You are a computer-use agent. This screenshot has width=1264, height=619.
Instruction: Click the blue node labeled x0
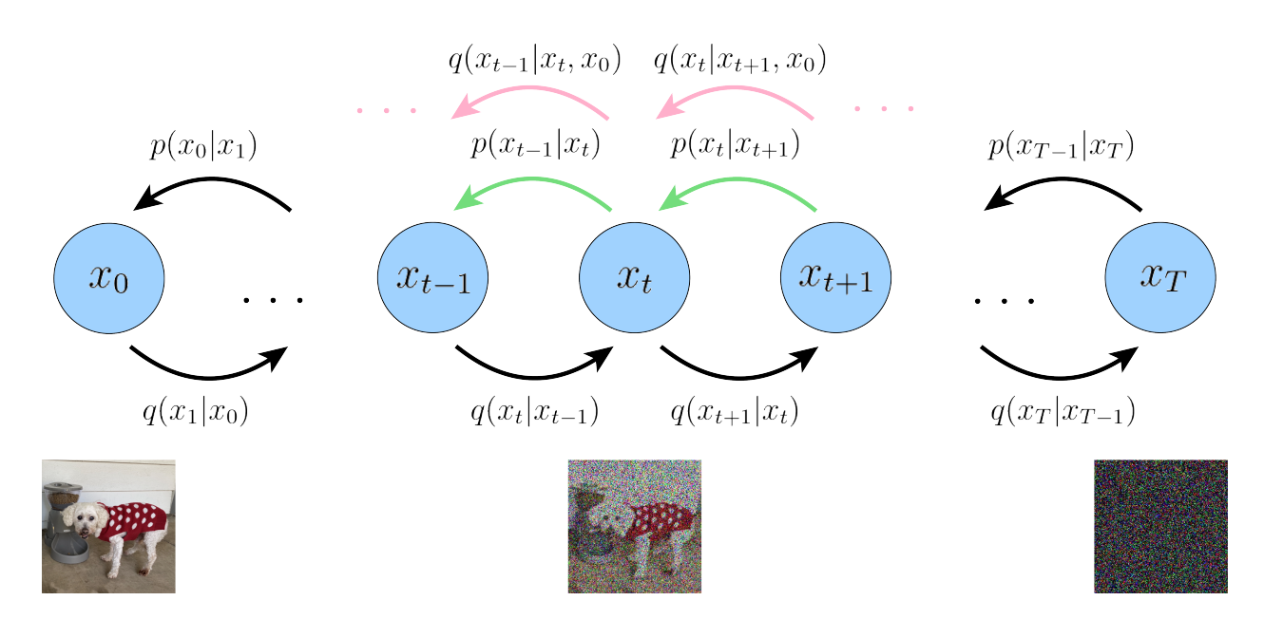click(x=109, y=278)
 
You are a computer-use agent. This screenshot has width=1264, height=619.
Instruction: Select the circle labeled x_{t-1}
click(x=432, y=278)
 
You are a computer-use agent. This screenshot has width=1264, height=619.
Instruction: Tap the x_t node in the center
click(x=635, y=278)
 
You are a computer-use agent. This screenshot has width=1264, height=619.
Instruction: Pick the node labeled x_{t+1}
click(x=836, y=278)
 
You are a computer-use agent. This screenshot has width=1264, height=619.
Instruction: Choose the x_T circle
click(x=1160, y=278)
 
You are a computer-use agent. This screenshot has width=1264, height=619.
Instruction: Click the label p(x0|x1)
click(x=204, y=147)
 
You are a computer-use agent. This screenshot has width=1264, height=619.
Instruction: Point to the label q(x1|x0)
click(x=195, y=411)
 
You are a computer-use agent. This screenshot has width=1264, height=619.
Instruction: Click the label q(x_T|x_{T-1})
click(x=1063, y=412)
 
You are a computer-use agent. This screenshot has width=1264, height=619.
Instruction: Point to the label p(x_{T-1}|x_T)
click(x=1062, y=147)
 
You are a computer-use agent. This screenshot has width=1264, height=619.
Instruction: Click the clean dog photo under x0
click(x=108, y=526)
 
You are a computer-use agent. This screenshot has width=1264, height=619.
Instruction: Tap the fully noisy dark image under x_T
click(x=1160, y=526)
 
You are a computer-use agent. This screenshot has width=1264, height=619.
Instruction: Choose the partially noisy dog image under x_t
click(x=635, y=526)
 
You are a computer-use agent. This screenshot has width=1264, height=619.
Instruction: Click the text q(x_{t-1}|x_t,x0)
click(x=534, y=62)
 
